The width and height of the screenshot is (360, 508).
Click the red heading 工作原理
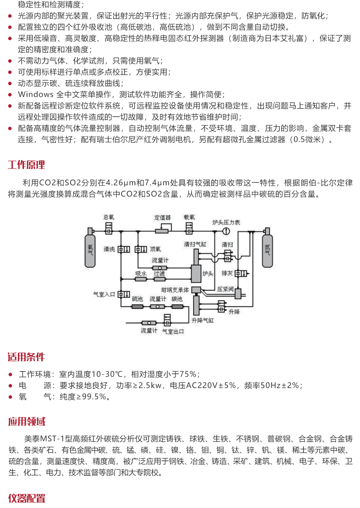pyautogui.click(x=26, y=165)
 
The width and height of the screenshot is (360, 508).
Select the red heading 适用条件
pyautogui.click(x=26, y=357)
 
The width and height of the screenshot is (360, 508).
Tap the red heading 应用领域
pyautogui.click(x=27, y=421)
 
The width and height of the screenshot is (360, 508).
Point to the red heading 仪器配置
pyautogui.click(x=27, y=498)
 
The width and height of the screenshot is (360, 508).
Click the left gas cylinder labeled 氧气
pyautogui.click(x=90, y=249)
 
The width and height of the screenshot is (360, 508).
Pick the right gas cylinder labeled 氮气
pyautogui.click(x=267, y=249)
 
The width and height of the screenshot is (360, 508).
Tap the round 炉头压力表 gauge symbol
pyautogui.click(x=226, y=231)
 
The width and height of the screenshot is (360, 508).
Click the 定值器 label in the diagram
pyautogui.click(x=162, y=217)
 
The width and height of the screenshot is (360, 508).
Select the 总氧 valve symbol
pyautogui.click(x=109, y=228)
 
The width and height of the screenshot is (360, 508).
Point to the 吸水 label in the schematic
pyautogui.click(x=141, y=274)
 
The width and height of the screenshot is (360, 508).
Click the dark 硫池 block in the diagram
pyautogui.click(x=137, y=307)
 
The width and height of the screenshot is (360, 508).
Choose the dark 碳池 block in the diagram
pyautogui.click(x=177, y=307)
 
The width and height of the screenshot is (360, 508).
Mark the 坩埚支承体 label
pyautogui.click(x=175, y=290)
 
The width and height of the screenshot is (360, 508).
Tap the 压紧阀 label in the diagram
pyautogui.click(x=225, y=289)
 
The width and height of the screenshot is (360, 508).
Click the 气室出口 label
pyautogui.click(x=173, y=331)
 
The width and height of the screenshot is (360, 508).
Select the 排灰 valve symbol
pyautogui.click(x=240, y=273)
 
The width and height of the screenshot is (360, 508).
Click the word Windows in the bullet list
pyautogui.click(x=36, y=94)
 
